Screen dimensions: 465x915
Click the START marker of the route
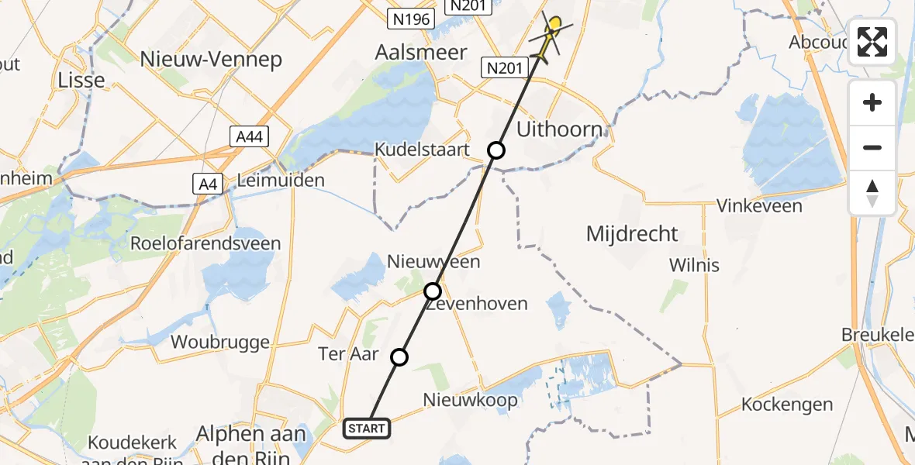pyautogui.click(x=366, y=428)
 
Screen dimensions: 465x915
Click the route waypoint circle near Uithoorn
pyautogui.click(x=496, y=150)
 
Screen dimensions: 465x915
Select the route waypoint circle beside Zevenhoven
pyautogui.click(x=433, y=291)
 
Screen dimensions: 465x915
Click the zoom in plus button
pyautogui.click(x=872, y=102)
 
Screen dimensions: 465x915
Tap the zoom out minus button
pyautogui.click(x=872, y=147)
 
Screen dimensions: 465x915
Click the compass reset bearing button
pyautogui.click(x=872, y=192)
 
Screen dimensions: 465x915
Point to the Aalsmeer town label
pyautogui.click(x=421, y=53)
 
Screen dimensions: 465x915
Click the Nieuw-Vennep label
pyautogui.click(x=212, y=60)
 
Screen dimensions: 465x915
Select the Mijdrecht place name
pyautogui.click(x=632, y=233)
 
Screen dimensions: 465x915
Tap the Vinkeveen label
pyautogui.click(x=758, y=205)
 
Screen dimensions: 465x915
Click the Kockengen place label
pyautogui.click(x=787, y=404)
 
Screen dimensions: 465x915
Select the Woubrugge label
pyautogui.click(x=220, y=342)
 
